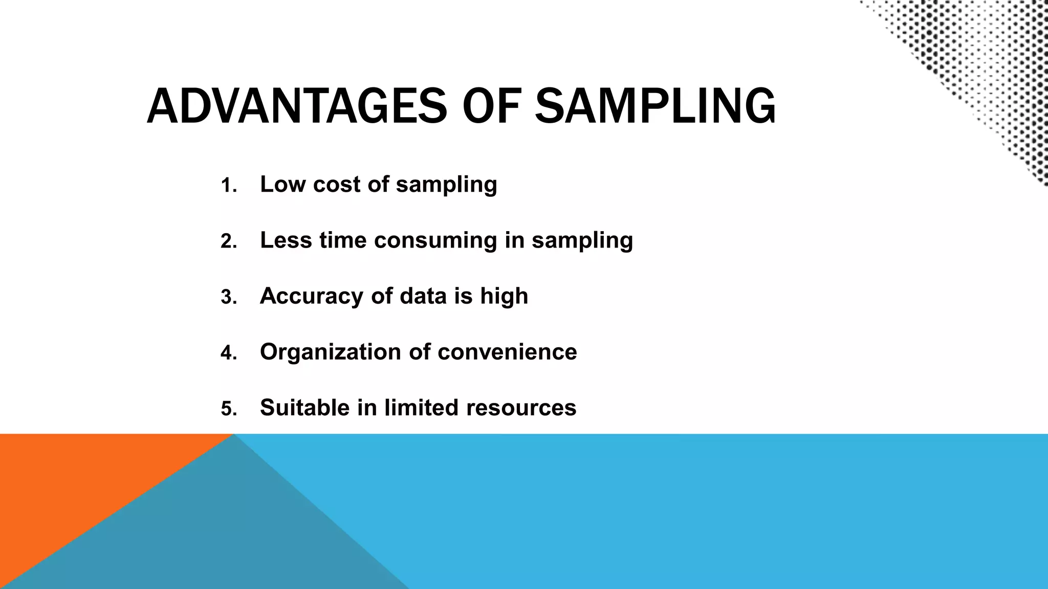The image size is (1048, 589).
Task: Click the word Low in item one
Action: point(282,184)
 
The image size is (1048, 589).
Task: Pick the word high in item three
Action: point(504,297)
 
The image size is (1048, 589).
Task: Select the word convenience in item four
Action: point(507,352)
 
